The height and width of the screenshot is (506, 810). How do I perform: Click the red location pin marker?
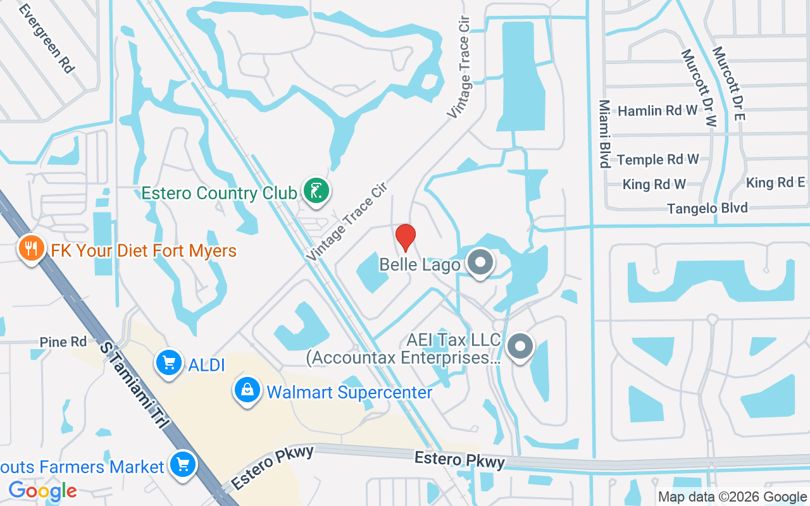[x=406, y=237]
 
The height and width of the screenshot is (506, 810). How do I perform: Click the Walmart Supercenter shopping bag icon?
[x=247, y=390]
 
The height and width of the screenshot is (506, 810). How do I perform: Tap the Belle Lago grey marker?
[x=480, y=261]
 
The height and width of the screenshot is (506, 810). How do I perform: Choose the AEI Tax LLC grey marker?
[x=521, y=346]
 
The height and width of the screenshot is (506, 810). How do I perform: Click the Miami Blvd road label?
[x=604, y=133]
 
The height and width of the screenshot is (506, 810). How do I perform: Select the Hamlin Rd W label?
[x=657, y=111]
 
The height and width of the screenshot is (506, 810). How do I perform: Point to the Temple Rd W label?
[x=658, y=159]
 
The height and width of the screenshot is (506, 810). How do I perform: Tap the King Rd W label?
[x=654, y=185]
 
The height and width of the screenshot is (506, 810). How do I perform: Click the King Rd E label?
[x=778, y=183]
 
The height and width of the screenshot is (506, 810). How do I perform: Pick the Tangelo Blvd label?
[x=707, y=208]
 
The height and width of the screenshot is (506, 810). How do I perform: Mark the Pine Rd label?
[x=63, y=342]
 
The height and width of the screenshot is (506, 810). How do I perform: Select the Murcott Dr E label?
[x=730, y=83]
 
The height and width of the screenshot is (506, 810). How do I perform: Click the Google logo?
[x=42, y=490]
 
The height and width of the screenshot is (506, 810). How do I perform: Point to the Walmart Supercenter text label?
[x=349, y=392]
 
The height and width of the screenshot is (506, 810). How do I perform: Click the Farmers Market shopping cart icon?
[x=183, y=466]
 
